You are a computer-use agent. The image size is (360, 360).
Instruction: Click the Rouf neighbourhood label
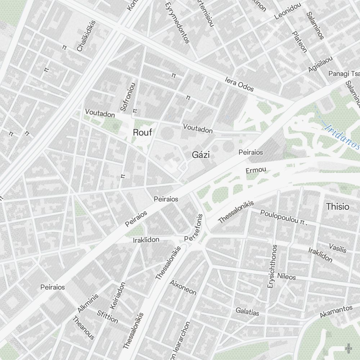click(x=143, y=132)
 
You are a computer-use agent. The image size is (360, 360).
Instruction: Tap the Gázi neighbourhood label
click(x=201, y=155)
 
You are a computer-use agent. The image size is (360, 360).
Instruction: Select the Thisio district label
click(x=337, y=207)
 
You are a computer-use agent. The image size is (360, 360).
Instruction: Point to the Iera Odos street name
click(x=239, y=84)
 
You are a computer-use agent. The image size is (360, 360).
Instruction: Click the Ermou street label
click(x=256, y=170)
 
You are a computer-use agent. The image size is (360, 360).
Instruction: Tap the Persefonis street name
click(x=194, y=228)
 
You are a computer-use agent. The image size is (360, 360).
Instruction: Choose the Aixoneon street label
click(x=183, y=287)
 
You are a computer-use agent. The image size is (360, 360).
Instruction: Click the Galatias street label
click(x=247, y=311)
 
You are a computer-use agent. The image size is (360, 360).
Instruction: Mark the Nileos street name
click(x=287, y=276)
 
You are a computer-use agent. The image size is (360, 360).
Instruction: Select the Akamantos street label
click(x=336, y=311)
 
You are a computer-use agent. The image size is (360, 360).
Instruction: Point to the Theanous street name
click(x=84, y=328)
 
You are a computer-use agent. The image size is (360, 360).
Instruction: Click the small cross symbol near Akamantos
click(x=348, y=348)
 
